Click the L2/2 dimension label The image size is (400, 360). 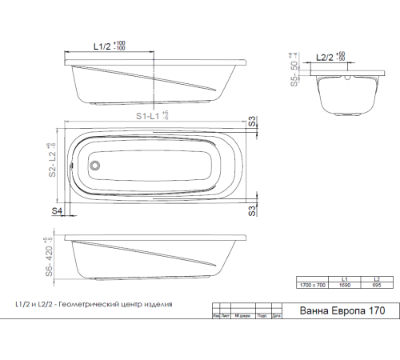[326, 58]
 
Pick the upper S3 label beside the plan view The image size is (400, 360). [252, 123]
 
